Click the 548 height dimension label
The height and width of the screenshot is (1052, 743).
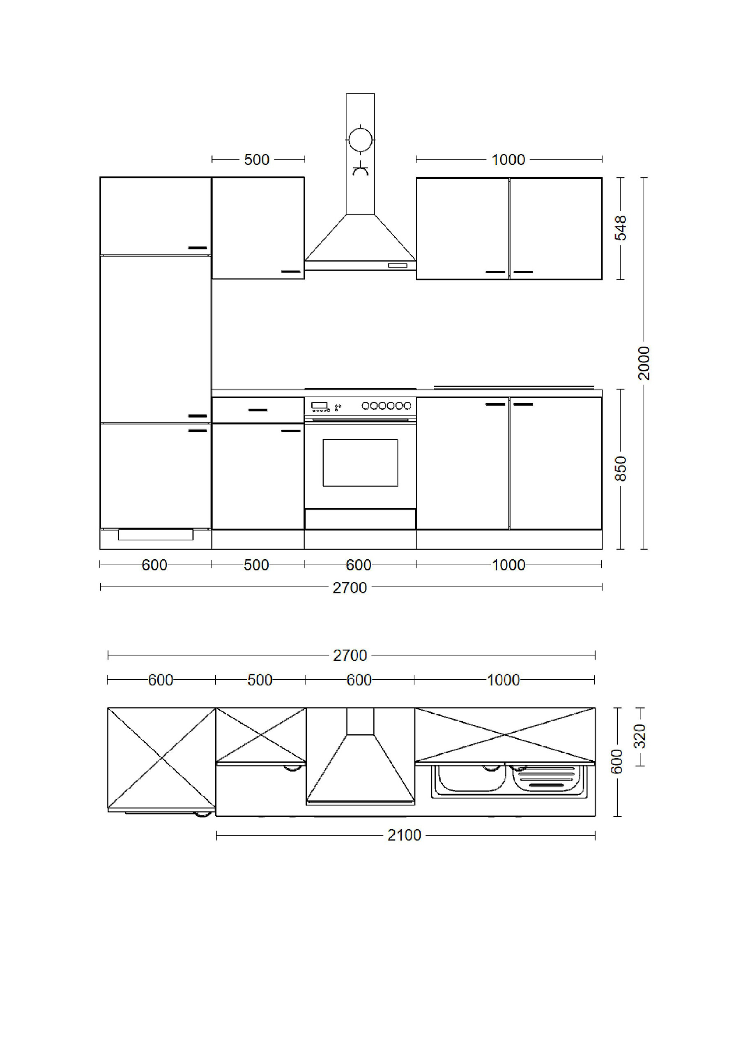(620, 228)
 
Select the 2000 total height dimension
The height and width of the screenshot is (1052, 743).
(644, 363)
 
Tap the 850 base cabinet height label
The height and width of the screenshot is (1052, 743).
(620, 468)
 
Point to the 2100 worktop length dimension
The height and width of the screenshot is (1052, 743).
(404, 835)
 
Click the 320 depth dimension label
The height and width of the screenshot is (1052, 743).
(640, 736)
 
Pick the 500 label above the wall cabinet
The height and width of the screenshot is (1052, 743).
(257, 159)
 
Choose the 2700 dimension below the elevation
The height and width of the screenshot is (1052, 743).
(350, 587)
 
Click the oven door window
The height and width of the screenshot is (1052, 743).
(360, 463)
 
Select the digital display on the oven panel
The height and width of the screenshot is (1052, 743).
(319, 405)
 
